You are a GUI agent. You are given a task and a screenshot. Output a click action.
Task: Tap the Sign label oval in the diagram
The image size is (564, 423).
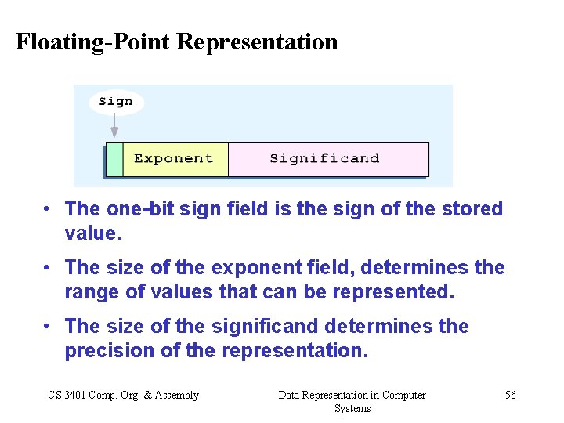[x=116, y=102]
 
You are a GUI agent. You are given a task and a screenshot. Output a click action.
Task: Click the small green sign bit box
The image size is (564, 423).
[x=114, y=159]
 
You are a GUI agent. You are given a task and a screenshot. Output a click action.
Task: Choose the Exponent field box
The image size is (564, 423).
[x=175, y=159]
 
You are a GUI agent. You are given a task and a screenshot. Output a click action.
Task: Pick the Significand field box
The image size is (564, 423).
[x=327, y=159]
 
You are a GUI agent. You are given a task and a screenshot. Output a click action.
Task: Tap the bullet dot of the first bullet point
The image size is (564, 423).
[x=48, y=209]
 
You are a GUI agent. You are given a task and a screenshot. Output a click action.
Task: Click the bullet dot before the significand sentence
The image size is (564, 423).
[x=48, y=327]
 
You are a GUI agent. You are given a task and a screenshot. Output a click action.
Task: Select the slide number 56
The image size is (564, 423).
[x=510, y=395]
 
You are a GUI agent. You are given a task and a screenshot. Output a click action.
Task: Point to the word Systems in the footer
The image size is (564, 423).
[x=352, y=408]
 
